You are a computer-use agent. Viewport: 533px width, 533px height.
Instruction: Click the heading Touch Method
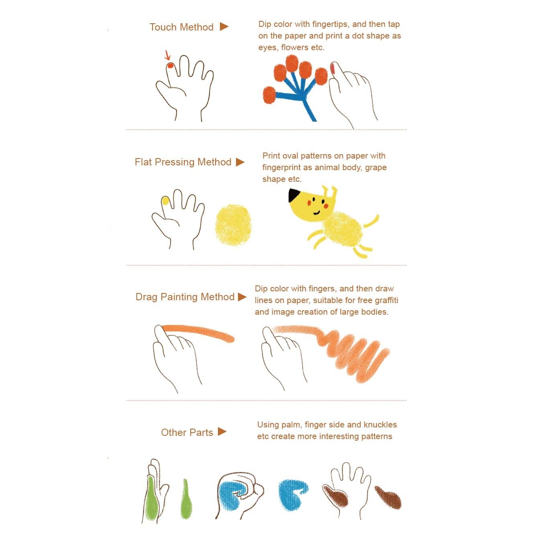click(x=181, y=27)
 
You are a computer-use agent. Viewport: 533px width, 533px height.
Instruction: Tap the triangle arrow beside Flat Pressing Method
click(x=240, y=162)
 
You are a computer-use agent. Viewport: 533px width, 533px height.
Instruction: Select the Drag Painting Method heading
click(x=185, y=297)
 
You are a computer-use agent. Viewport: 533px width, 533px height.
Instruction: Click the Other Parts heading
click(x=187, y=432)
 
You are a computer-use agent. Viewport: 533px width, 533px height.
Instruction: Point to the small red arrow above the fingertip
click(x=167, y=55)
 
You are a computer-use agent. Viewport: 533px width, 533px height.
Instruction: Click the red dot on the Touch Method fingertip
click(x=170, y=65)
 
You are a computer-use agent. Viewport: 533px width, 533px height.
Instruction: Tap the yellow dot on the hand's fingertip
click(x=165, y=201)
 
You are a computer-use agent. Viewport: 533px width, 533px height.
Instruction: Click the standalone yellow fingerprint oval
click(x=233, y=225)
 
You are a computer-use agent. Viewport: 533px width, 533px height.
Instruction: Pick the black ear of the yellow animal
click(x=294, y=195)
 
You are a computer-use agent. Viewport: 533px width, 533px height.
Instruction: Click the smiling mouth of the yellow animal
click(x=317, y=213)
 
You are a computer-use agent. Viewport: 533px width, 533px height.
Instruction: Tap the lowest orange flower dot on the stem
click(x=269, y=95)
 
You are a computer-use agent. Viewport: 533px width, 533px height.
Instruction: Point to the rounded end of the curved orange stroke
click(x=230, y=339)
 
